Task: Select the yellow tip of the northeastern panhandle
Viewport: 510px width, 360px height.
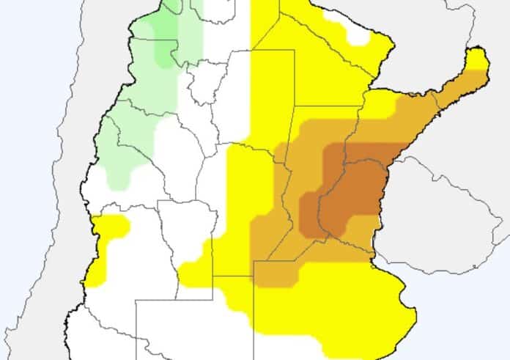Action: (x=477, y=58)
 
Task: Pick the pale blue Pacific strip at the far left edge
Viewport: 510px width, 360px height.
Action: (x=22, y=183)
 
